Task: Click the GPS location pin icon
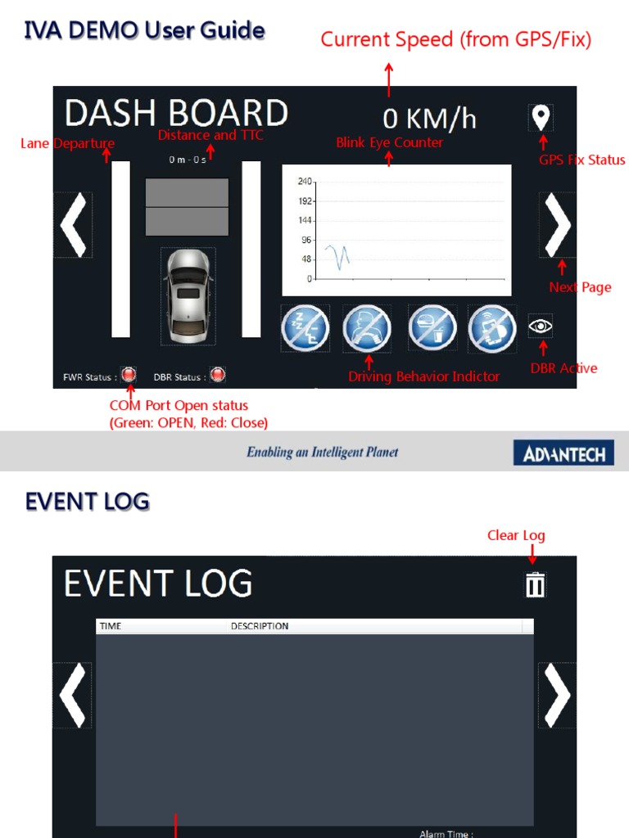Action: point(541,117)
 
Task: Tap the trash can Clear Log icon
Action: point(535,584)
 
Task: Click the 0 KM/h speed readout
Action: point(429,119)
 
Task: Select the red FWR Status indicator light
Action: point(129,376)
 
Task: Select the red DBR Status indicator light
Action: point(217,376)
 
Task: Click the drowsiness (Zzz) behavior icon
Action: point(305,328)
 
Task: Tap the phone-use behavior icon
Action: point(491,328)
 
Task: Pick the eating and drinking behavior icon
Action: point(432,328)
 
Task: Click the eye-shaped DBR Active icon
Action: point(541,327)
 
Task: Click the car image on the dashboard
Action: point(188,295)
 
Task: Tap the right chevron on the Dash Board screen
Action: point(558,225)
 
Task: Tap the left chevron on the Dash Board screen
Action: point(73,225)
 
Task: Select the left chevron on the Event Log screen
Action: point(73,695)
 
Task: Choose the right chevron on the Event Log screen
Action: point(558,695)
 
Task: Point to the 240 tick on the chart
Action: point(305,181)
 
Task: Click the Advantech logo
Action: point(563,453)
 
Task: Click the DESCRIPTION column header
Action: point(260,626)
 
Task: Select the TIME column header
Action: point(111,626)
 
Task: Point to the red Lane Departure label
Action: point(67,144)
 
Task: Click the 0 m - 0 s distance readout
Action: point(188,160)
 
